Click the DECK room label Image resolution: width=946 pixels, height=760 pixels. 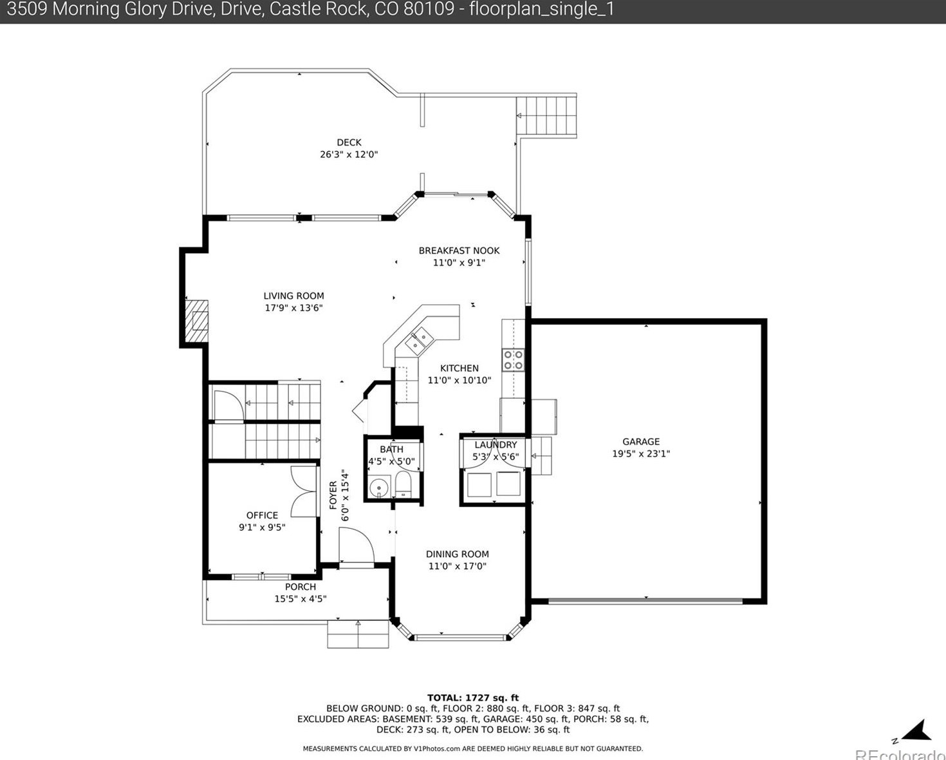pyautogui.click(x=349, y=142)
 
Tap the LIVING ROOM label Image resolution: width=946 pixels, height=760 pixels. pyautogui.click(x=293, y=296)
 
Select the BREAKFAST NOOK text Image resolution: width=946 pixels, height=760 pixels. pyautogui.click(x=459, y=251)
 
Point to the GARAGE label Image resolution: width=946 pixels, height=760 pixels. pyautogui.click(x=641, y=441)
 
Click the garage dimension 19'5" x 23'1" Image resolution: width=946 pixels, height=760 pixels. pyautogui.click(x=641, y=453)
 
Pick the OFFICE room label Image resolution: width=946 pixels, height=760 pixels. pyautogui.click(x=262, y=515)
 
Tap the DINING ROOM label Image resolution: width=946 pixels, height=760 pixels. pyautogui.click(x=457, y=554)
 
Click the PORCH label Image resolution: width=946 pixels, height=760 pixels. pyautogui.click(x=301, y=587)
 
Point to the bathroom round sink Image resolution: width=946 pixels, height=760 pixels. pyautogui.click(x=378, y=488)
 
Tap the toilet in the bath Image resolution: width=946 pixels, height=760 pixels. pyautogui.click(x=403, y=484)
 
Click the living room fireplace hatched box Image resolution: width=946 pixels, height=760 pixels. pyautogui.click(x=196, y=321)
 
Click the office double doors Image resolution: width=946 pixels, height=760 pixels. pyautogui.click(x=304, y=491)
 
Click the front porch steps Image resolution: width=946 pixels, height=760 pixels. pyautogui.click(x=358, y=634)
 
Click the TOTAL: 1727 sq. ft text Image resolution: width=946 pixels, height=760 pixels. pyautogui.click(x=473, y=698)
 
